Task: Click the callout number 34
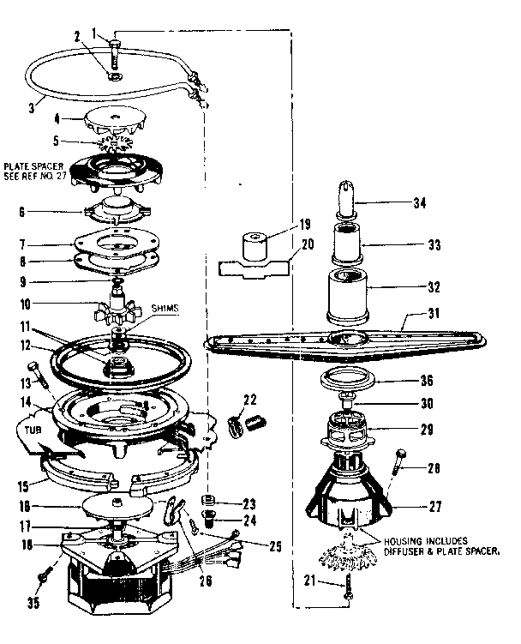[x=443, y=204]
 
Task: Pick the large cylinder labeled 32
[x=349, y=292]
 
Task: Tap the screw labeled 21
[x=350, y=589]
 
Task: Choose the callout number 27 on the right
[x=435, y=506]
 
